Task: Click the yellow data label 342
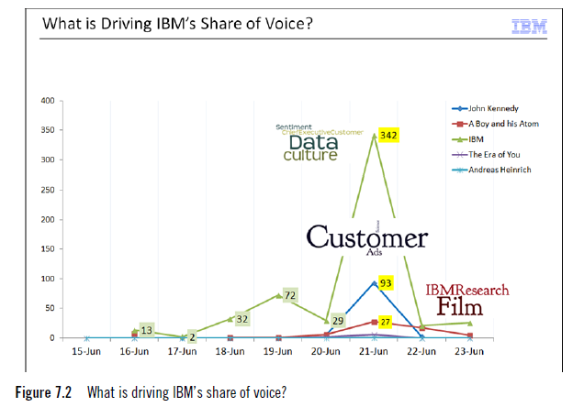point(388,135)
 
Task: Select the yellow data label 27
point(386,322)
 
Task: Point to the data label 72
point(288,295)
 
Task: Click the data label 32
point(242,318)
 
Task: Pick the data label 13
point(146,329)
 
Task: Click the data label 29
point(338,321)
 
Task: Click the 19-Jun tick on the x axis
point(278,350)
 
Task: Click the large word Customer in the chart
point(366,238)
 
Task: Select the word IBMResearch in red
point(466,290)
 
